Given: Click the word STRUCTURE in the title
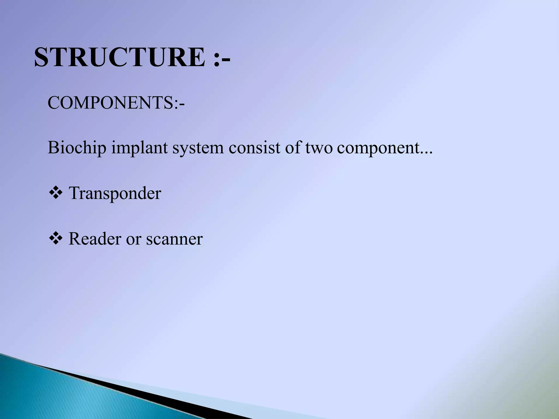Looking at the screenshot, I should pos(120,57).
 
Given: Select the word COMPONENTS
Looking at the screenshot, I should pos(110,103).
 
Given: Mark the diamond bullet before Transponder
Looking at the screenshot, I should pos(55,193).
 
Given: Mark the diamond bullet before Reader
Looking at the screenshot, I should pos(55,238).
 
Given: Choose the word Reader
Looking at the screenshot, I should pos(95,239).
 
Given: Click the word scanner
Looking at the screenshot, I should pos(174,239).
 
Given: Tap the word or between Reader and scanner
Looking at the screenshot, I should pos(133,239).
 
